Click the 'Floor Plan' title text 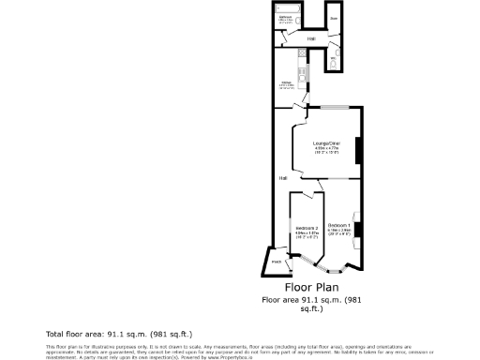click(311, 288)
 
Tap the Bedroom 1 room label click(339, 225)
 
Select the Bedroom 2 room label click(307, 229)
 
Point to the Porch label click(277, 262)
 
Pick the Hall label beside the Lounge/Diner click(282, 177)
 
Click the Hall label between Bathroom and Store click(310, 38)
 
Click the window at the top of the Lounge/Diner click(336, 108)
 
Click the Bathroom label click(288, 16)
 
